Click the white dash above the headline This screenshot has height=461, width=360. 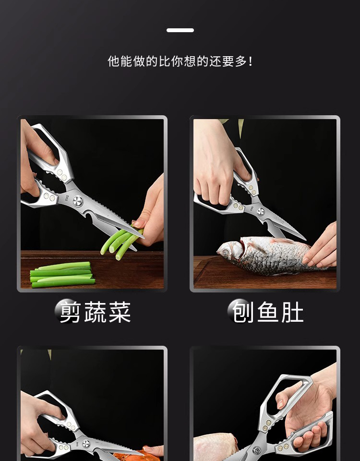(x=180, y=30)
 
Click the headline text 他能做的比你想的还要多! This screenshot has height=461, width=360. (x=180, y=61)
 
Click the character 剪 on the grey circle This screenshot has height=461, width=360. (x=70, y=312)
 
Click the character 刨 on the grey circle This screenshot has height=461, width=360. (x=243, y=312)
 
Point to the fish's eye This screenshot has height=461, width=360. (x=226, y=252)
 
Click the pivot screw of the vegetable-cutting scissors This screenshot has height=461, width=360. (x=78, y=201)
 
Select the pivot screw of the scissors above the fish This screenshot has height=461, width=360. (x=261, y=211)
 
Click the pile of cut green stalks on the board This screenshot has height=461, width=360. (x=62, y=275)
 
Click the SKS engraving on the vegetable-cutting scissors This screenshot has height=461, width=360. (x=68, y=196)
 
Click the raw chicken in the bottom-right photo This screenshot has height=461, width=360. (x=216, y=447)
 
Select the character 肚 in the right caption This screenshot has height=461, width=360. (x=293, y=312)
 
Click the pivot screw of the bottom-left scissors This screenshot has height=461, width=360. (x=86, y=444)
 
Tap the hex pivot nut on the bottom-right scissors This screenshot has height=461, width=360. (x=257, y=450)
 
